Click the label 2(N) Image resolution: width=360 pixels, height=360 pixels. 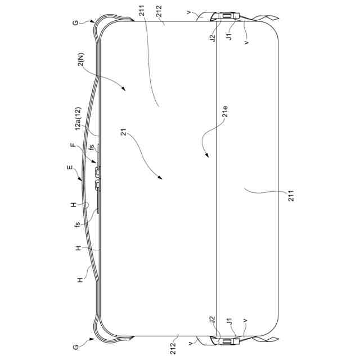tap(81, 60)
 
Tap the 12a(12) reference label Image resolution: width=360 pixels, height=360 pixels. tap(78, 119)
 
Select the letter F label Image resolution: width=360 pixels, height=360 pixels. tap(73, 145)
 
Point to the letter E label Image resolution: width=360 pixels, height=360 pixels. tap(69, 168)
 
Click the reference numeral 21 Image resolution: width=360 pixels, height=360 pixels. tap(124, 132)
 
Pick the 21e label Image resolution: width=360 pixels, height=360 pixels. tap(226, 111)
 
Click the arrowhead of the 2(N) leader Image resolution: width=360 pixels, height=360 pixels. tap(124, 89)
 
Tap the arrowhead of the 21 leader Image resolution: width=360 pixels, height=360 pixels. tap(160, 177)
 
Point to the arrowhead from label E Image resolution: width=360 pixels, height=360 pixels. tap(80, 178)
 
